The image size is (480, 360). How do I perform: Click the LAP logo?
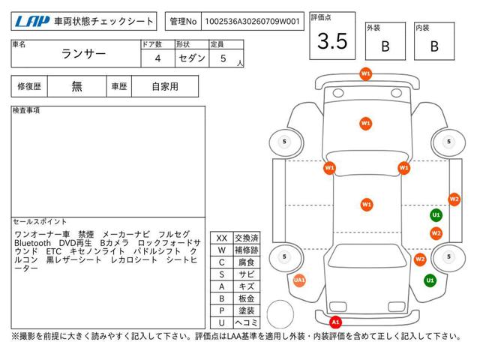pos(32,22)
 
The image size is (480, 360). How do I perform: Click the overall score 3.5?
pos(332,41)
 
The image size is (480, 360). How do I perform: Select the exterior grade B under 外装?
pos(385,46)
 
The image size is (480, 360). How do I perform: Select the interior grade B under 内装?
pos(434,46)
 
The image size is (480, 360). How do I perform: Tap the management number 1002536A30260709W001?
pos(252,22)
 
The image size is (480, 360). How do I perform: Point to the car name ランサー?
pos(83,54)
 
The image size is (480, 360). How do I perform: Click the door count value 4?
pos(157,58)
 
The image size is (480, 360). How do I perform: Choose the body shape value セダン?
pos(192,58)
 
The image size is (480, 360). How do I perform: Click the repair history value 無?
pos(76,87)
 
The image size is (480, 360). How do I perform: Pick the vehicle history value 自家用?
pos(165,87)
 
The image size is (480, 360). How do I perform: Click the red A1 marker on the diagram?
pos(335,322)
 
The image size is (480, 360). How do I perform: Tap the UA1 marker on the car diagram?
pos(299,280)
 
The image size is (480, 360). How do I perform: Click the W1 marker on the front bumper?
pos(365,73)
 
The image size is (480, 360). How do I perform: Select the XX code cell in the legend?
pos(222,238)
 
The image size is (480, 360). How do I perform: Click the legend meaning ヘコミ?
pos(247,322)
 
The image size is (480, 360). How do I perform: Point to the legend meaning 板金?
pos(247,298)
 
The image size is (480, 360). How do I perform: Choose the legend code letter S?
pos(222,274)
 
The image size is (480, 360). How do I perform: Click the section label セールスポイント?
pos(40,222)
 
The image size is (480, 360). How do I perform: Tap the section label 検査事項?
pos(26,110)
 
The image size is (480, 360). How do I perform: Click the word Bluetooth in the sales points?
pos(32,243)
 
